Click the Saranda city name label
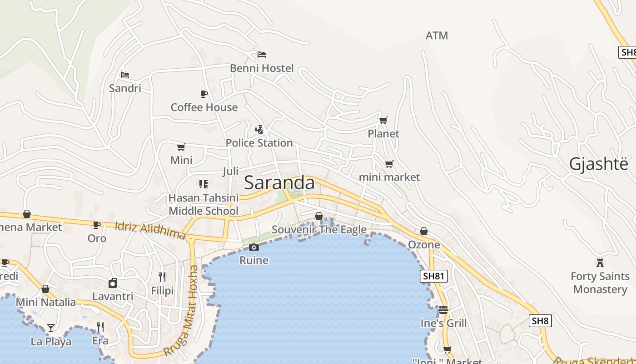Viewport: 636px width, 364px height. coord(279,183)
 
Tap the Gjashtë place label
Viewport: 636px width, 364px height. coord(599,164)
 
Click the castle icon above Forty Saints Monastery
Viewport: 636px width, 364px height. coord(600,263)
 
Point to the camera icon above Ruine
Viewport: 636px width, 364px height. coord(254,247)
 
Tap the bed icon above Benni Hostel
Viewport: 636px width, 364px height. coord(262,55)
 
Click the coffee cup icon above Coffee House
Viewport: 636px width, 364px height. coord(204,94)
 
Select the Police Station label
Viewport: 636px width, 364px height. coord(259,143)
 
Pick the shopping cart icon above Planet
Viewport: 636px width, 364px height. coord(383,120)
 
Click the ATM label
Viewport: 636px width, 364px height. coord(437,35)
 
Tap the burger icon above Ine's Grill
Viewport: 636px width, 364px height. coord(443,310)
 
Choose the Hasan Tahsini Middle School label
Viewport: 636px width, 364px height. coord(204,204)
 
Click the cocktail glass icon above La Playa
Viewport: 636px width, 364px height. coord(50,328)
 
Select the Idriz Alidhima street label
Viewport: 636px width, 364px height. coord(150,230)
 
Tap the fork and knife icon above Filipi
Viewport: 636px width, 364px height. coord(162,277)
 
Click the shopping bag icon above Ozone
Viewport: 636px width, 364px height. coord(424,232)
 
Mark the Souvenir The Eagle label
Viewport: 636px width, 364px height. coord(319,230)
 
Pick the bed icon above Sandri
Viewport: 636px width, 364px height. coord(125,75)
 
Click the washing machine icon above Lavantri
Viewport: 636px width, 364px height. coord(113,283)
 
